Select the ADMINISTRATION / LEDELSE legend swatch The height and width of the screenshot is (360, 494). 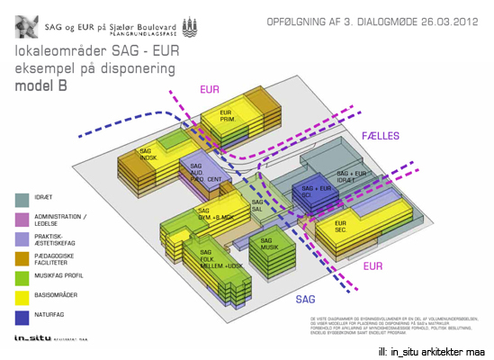point(21,219)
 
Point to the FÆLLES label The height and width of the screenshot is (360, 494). point(380,136)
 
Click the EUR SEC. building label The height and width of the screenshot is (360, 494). point(342,226)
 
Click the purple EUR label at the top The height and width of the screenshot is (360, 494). point(210,91)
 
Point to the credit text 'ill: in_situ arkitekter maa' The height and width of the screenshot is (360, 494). point(432,351)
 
